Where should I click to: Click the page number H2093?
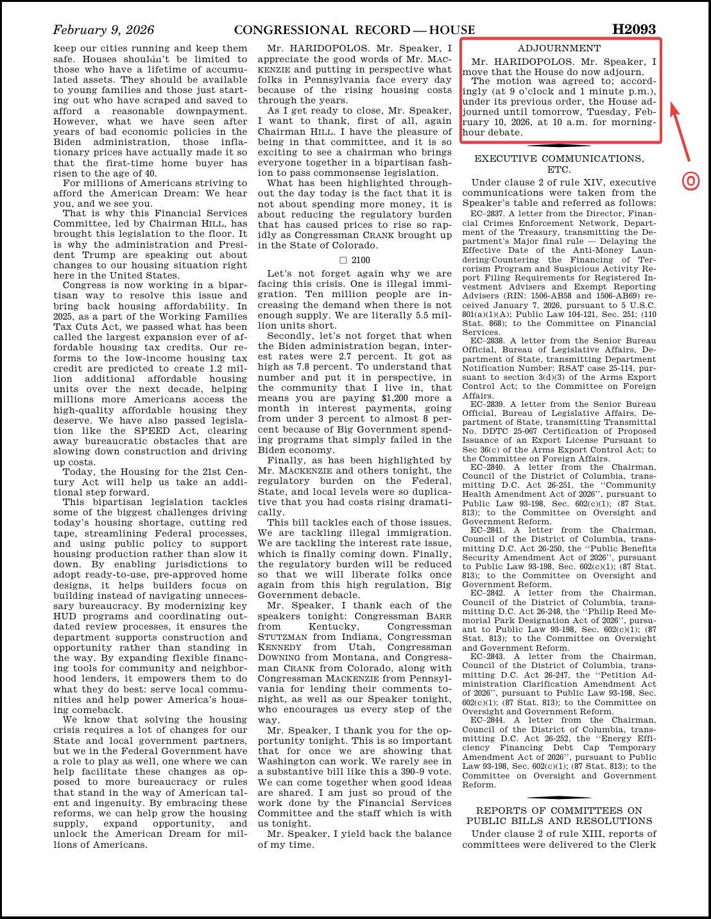[x=634, y=30]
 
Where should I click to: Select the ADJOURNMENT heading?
[x=559, y=48]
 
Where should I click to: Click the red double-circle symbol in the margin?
[x=690, y=182]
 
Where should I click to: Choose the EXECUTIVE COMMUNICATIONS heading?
[x=559, y=159]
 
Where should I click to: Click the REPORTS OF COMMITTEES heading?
[x=559, y=811]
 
